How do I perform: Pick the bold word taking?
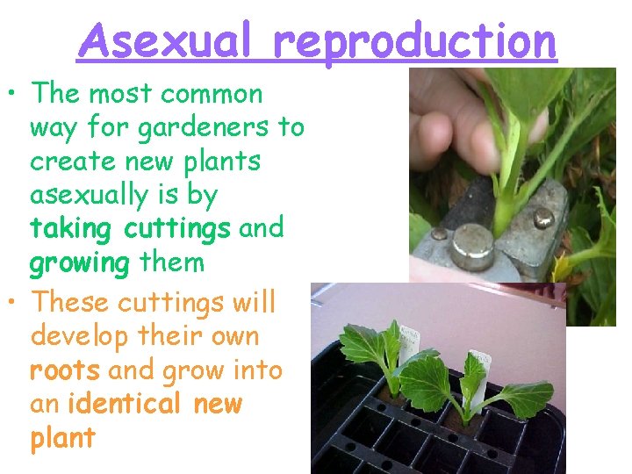click(73, 229)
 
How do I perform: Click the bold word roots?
click(65, 370)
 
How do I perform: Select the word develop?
click(79, 336)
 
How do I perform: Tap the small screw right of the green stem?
click(544, 217)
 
